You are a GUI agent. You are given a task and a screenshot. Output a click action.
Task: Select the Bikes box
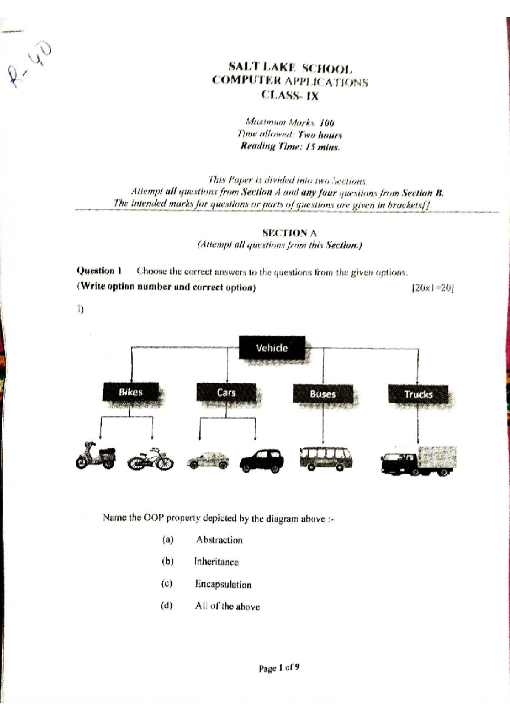click(x=130, y=392)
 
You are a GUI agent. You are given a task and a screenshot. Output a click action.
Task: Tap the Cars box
click(x=226, y=392)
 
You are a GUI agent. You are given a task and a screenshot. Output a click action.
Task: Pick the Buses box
click(x=323, y=394)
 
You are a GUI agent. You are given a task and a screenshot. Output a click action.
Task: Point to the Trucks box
click(x=418, y=394)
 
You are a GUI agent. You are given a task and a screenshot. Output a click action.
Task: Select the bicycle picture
click(x=151, y=459)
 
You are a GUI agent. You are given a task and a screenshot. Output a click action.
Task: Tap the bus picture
click(x=326, y=458)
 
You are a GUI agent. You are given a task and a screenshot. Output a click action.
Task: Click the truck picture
click(x=419, y=461)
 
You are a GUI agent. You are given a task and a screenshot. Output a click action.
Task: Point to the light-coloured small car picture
click(x=208, y=460)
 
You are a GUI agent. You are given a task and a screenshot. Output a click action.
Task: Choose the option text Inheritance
click(x=216, y=562)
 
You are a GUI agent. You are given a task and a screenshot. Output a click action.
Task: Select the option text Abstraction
click(x=219, y=540)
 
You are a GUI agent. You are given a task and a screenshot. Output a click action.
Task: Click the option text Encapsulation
click(x=223, y=584)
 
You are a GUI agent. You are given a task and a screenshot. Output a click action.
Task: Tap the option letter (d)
click(x=167, y=605)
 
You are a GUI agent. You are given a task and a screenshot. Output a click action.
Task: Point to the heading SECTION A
click(x=289, y=233)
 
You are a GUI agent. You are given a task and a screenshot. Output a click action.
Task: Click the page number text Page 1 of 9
click(x=279, y=668)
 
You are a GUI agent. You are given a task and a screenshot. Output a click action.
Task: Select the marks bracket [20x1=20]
click(x=433, y=288)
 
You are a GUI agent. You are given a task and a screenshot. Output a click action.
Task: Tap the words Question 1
click(x=99, y=271)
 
